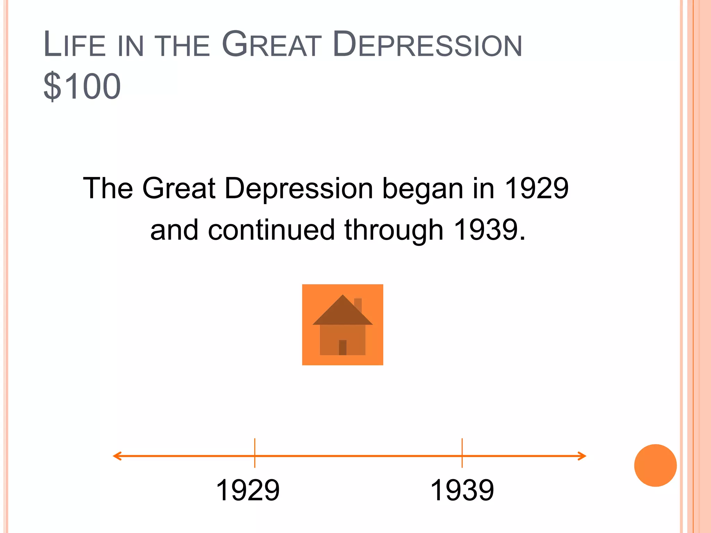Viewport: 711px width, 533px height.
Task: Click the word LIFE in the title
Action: pos(75,45)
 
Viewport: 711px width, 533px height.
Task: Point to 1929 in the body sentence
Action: pos(536,188)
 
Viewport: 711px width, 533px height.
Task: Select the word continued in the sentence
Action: pos(271,230)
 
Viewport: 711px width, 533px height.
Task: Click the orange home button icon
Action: pos(342,324)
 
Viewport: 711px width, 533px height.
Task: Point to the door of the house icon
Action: pos(343,347)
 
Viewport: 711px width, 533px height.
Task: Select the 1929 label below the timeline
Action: pos(248,490)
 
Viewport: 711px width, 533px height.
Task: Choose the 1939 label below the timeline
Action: pos(462,490)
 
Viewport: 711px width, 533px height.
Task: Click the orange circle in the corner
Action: pos(655,465)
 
